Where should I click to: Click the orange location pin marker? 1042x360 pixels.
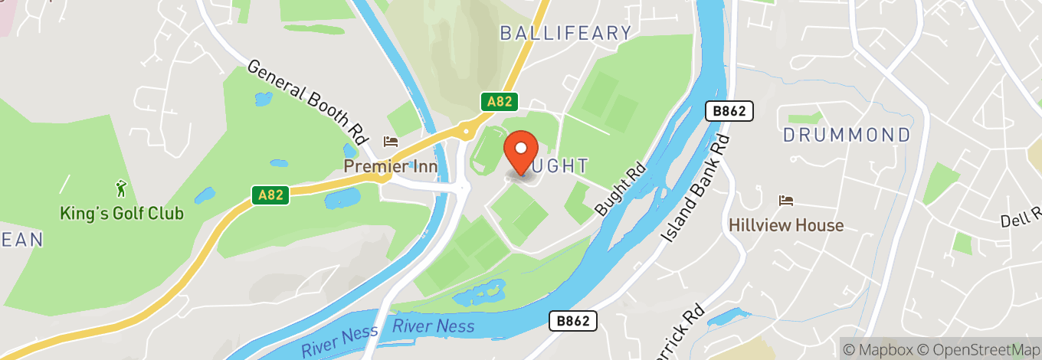[522, 152]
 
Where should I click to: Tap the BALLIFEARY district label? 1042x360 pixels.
[565, 33]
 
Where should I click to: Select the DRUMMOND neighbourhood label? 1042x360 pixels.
[847, 136]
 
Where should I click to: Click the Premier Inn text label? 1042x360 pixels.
[390, 166]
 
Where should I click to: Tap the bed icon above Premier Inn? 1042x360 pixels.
[391, 142]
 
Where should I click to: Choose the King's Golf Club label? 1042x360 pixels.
[122, 213]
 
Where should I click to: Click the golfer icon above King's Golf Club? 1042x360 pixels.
[121, 188]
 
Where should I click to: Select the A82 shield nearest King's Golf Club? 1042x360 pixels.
[270, 195]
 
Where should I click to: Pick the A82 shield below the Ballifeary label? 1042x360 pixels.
[500, 102]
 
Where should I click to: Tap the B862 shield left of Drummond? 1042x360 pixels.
[729, 112]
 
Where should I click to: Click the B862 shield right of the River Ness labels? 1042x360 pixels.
[572, 321]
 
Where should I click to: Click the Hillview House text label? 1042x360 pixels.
[786, 225]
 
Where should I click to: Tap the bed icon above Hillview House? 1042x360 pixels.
[786, 201]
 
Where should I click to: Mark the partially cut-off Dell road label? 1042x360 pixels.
[1021, 221]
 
